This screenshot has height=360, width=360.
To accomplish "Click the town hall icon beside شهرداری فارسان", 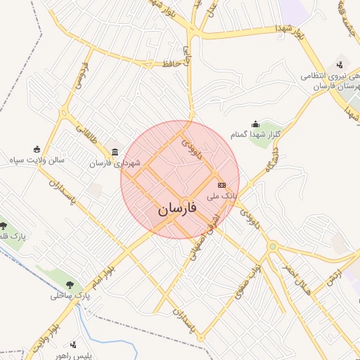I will point(115,153).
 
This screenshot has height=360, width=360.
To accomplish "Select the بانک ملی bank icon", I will point(222,185).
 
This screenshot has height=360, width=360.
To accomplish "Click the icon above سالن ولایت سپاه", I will point(37,149).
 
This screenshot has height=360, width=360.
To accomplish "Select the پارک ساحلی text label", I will point(70,295).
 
